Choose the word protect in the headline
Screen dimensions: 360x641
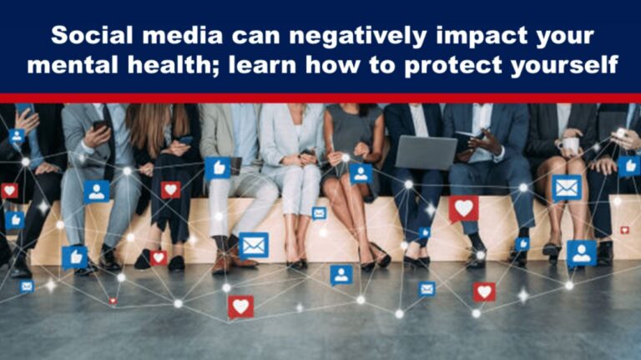coord(453,64)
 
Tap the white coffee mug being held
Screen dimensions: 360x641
coord(571,143)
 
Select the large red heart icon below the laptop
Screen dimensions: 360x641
coord(463,208)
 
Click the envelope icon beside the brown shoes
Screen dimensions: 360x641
coord(253,245)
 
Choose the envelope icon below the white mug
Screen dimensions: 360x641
coord(567,188)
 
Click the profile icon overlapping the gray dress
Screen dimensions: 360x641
coord(361,173)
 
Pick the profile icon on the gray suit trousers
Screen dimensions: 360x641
coord(96,192)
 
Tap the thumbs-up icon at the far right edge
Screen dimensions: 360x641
coord(628,165)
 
